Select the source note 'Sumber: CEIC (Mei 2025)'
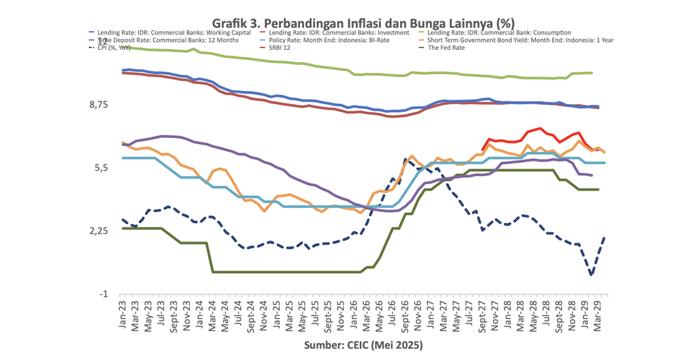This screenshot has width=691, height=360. pyautogui.click(x=363, y=346)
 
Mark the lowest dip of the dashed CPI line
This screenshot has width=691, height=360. pyautogui.click(x=591, y=274)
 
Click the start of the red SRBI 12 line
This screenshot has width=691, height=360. pyautogui.click(x=482, y=150)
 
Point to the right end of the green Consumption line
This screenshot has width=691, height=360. pyautogui.click(x=592, y=73)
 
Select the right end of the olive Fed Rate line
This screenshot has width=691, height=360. pyautogui.click(x=598, y=190)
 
